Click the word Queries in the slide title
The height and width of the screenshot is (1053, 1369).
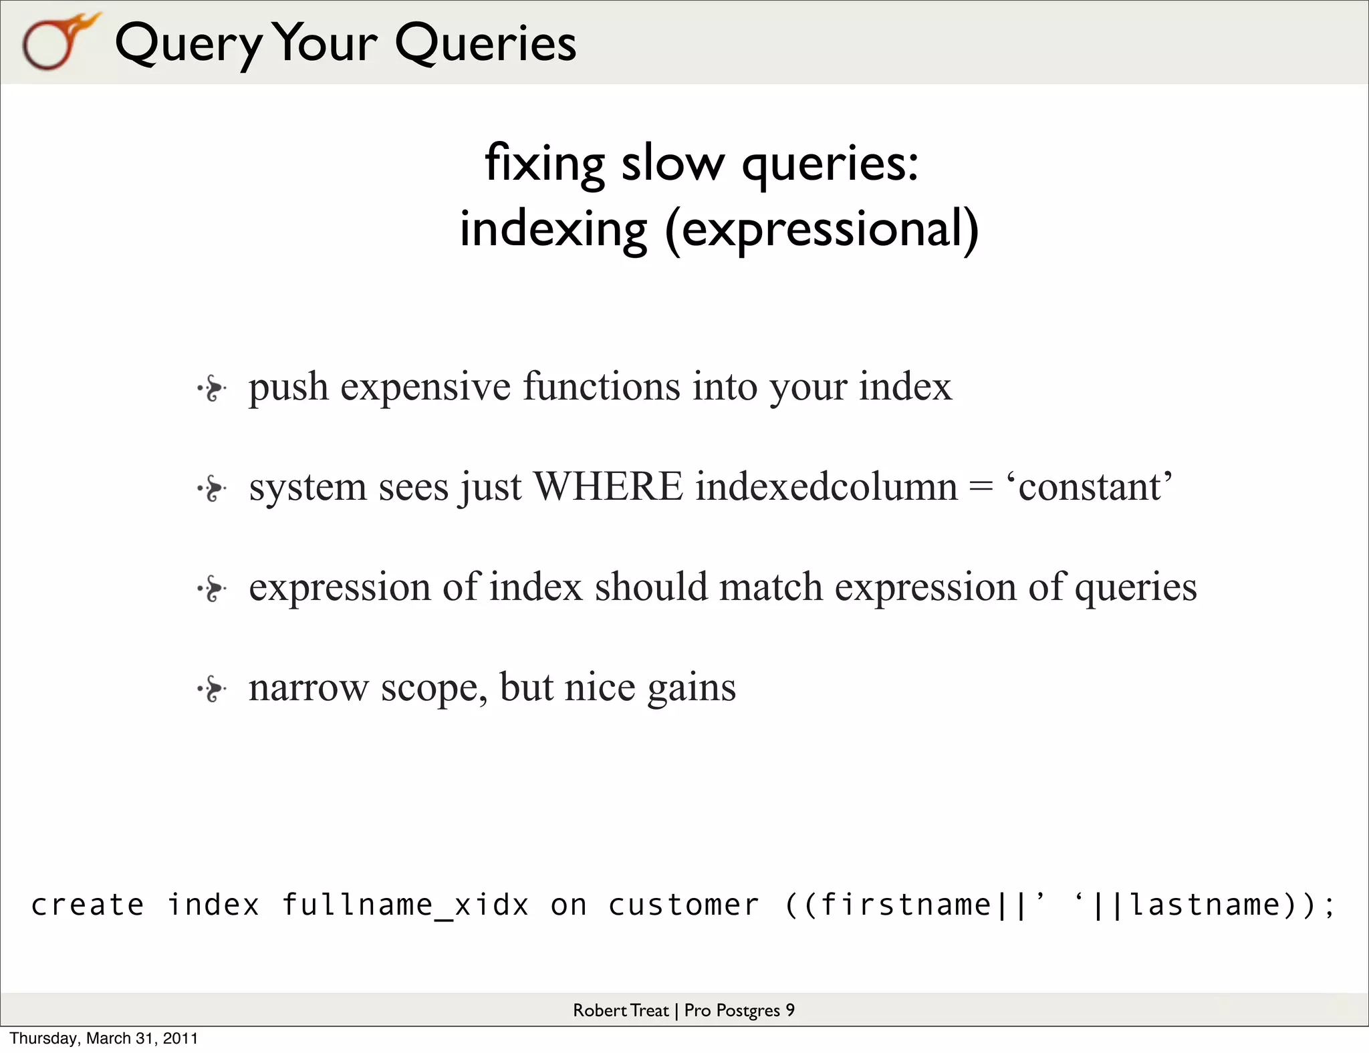coord(485,43)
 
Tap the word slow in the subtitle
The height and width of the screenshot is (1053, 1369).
coord(672,163)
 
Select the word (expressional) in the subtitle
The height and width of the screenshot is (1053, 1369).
coord(822,229)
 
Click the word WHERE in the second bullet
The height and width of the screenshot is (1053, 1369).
coord(608,486)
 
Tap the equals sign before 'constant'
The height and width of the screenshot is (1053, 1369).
coord(981,488)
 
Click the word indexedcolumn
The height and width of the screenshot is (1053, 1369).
coord(827,486)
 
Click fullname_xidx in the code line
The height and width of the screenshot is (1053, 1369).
coord(405,905)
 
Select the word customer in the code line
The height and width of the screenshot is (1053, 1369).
coord(683,905)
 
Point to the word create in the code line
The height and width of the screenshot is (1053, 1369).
coord(88,905)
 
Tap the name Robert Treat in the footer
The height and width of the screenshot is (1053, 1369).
coord(620,1010)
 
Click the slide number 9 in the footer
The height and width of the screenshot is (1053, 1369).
coord(790,1010)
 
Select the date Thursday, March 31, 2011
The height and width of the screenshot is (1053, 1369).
coord(104,1038)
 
